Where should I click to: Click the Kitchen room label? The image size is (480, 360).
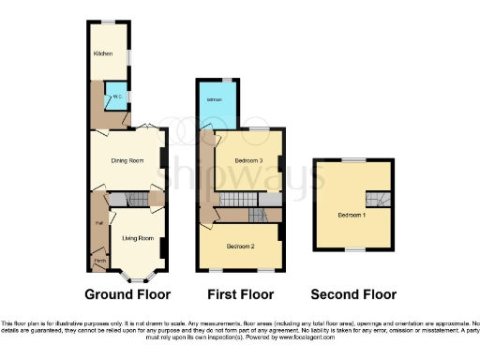pyautogui.click(x=102, y=53)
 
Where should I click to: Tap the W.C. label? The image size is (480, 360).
pyautogui.click(x=117, y=97)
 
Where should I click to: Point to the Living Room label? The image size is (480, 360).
pyautogui.click(x=137, y=238)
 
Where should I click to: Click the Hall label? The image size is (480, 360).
pyautogui.click(x=97, y=222)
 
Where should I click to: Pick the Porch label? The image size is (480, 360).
pyautogui.click(x=98, y=261)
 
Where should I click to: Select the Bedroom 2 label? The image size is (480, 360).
pyautogui.click(x=241, y=246)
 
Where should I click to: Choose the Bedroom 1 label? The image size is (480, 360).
pyautogui.click(x=352, y=216)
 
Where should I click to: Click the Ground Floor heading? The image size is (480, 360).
pyautogui.click(x=128, y=293)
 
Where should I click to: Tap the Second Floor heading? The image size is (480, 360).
pyautogui.click(x=353, y=293)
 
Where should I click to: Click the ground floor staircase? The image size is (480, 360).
pyautogui.click(x=132, y=199)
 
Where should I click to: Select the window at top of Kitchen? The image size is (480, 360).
pyautogui.click(x=109, y=22)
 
